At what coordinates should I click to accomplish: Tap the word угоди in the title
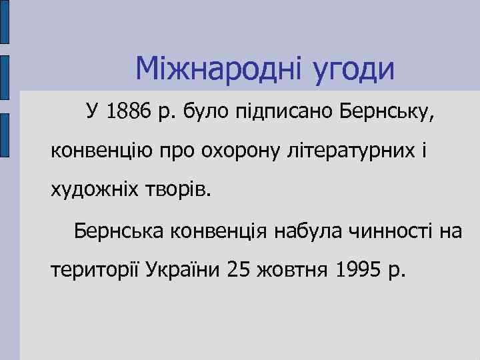point(353,69)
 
